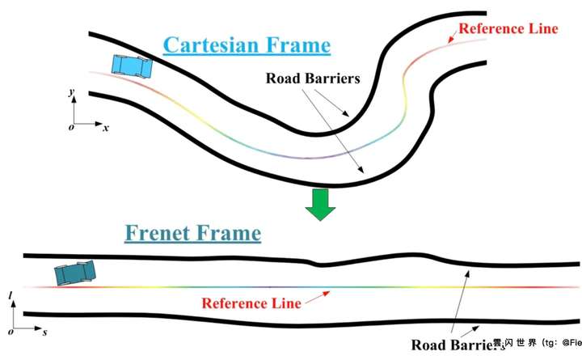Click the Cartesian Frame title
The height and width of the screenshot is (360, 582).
click(247, 44)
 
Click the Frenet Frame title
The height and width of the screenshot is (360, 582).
click(193, 234)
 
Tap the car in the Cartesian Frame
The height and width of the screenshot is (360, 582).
click(131, 66)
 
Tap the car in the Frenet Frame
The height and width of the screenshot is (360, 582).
click(76, 273)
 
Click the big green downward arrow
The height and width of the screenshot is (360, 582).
click(319, 205)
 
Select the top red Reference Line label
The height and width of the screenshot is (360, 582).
click(508, 29)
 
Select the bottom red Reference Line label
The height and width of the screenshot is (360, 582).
click(251, 303)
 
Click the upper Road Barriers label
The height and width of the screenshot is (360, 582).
click(313, 79)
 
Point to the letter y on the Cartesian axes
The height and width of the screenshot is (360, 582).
click(73, 95)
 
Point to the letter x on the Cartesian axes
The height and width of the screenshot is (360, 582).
click(105, 128)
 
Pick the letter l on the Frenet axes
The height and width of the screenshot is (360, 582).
click(10, 297)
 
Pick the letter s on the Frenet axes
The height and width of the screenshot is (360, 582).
click(43, 332)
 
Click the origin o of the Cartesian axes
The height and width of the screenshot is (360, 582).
click(71, 128)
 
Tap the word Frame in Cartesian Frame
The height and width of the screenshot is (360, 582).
click(294, 44)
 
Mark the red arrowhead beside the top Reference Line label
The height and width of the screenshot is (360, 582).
click(450, 37)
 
